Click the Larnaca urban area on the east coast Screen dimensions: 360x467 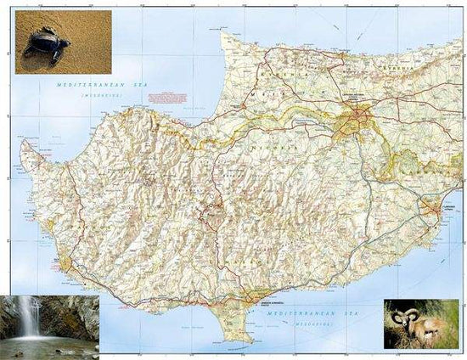click(436, 209)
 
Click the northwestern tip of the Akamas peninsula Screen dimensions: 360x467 click(23, 144)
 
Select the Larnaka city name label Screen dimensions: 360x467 click(447, 205)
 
